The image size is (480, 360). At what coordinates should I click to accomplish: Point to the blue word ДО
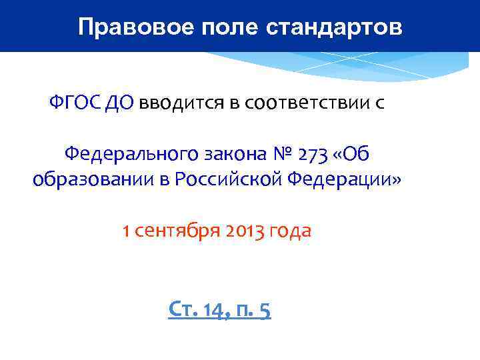[x=120, y=103]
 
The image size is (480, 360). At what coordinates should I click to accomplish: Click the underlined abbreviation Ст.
[x=183, y=309]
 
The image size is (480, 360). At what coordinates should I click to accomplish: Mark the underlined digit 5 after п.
[x=264, y=309]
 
